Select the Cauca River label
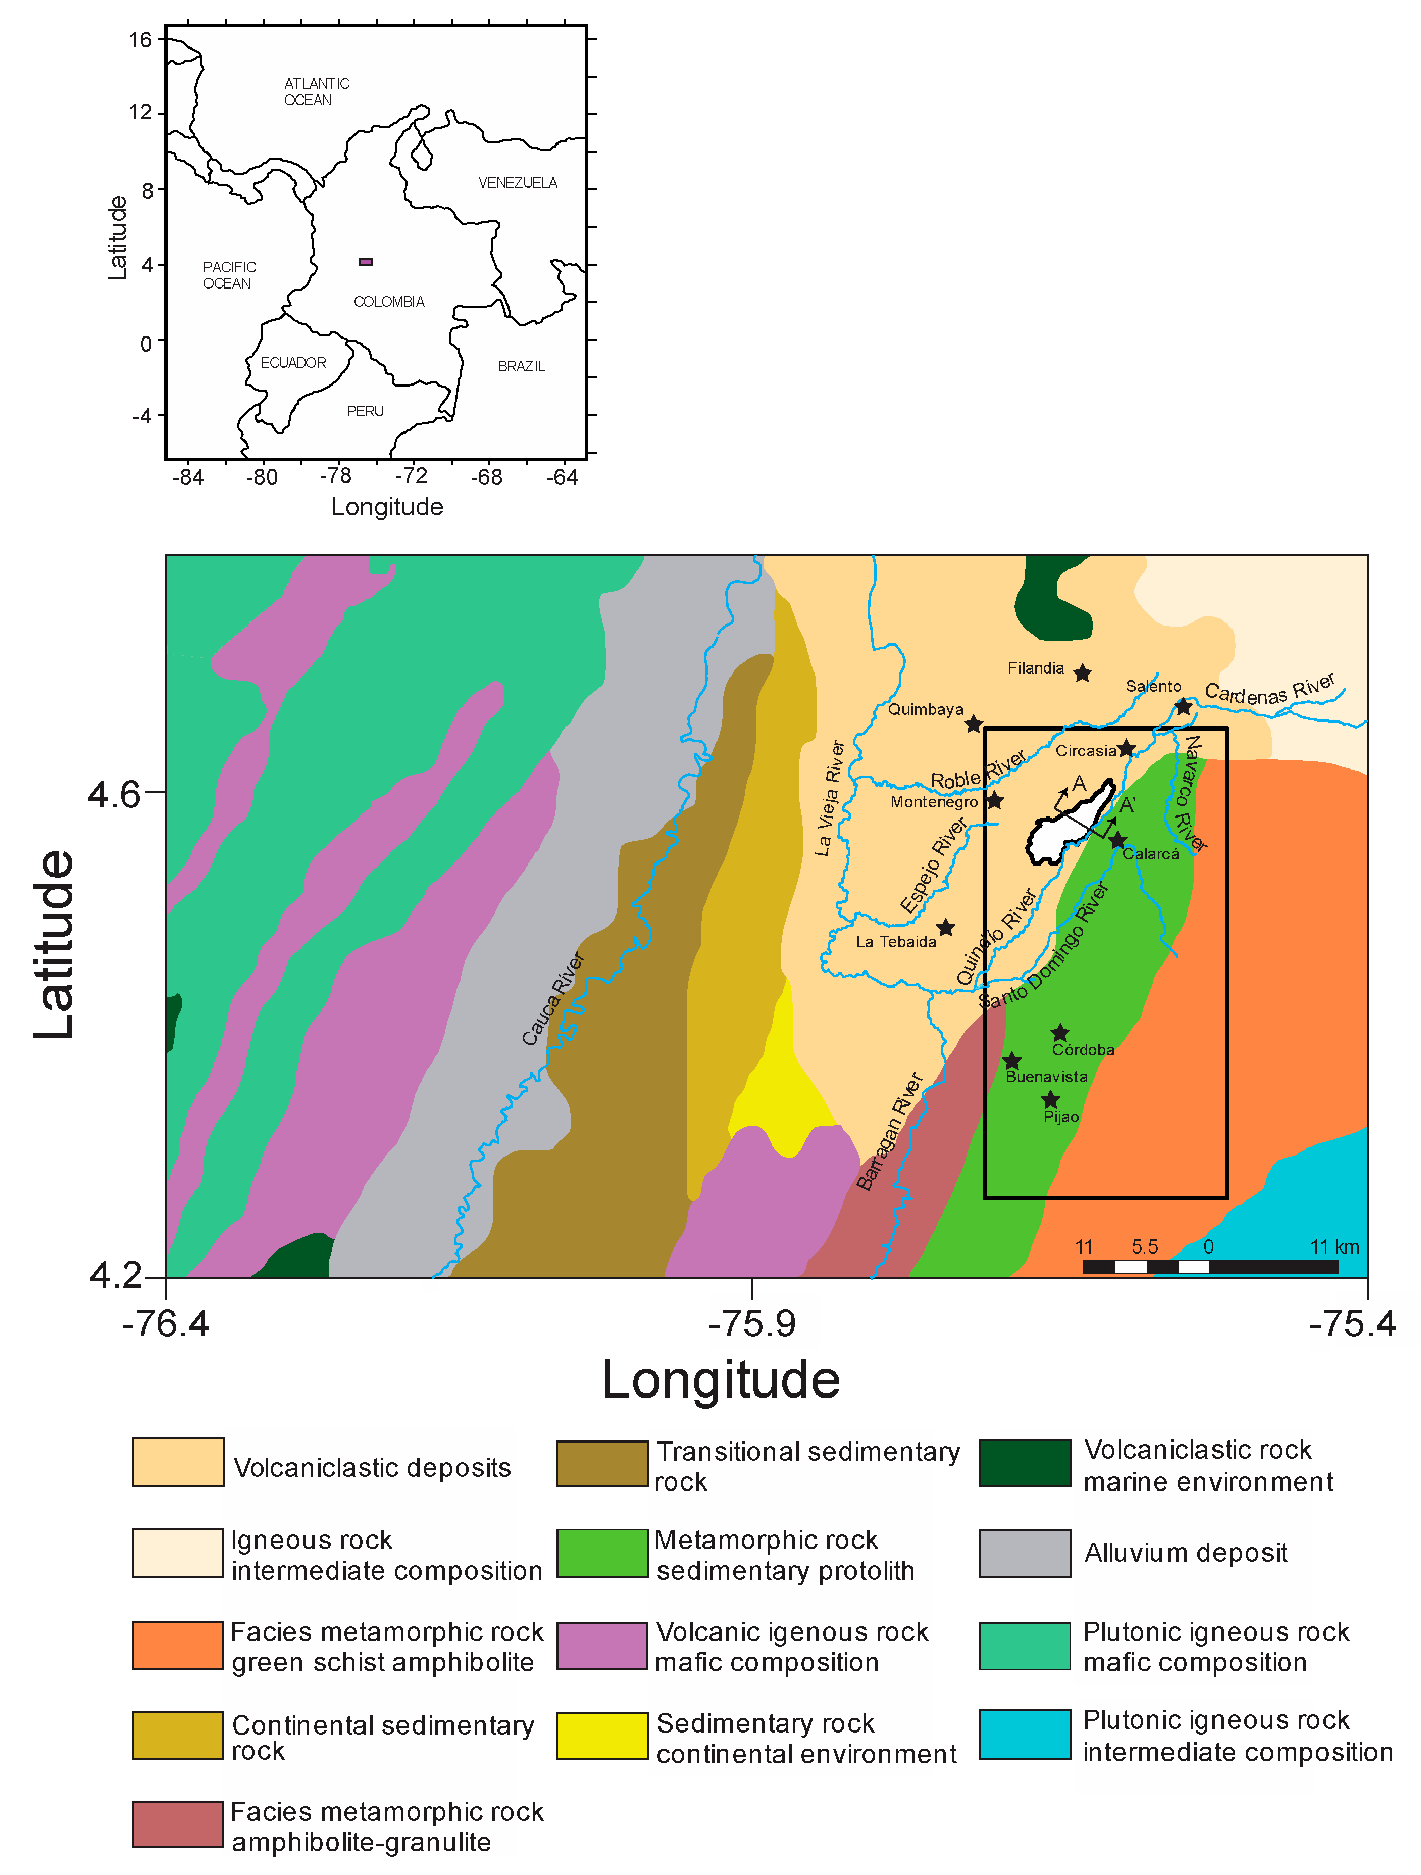click(x=552, y=998)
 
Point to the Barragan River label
click(x=888, y=1132)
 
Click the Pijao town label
click(x=1061, y=1117)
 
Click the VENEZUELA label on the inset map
click(x=517, y=183)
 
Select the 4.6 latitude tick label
click(x=114, y=794)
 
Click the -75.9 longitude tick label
click(x=751, y=1324)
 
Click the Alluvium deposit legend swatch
click(x=1025, y=1553)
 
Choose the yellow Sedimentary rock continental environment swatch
click(x=601, y=1735)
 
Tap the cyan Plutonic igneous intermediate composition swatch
click(x=1025, y=1735)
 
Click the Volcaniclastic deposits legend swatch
click(x=178, y=1462)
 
